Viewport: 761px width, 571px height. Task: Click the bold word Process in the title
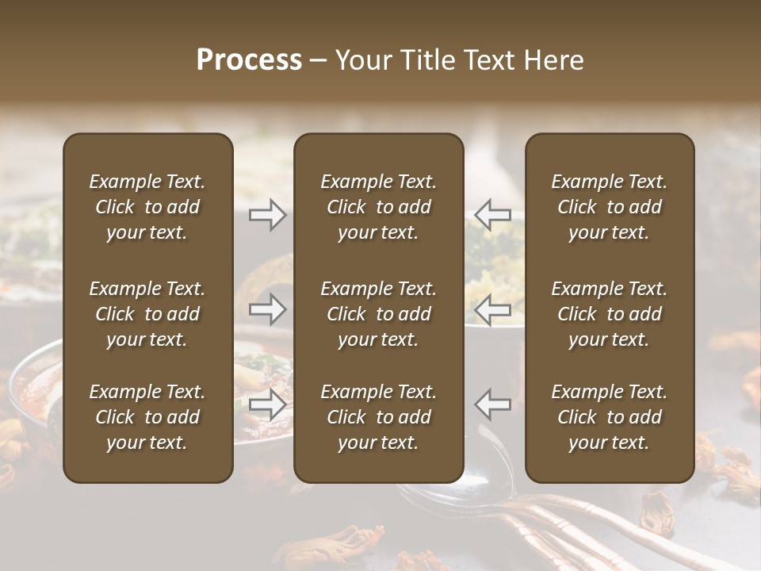(x=249, y=60)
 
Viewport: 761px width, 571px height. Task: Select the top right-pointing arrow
(x=267, y=215)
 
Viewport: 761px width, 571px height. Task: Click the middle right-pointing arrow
(x=267, y=310)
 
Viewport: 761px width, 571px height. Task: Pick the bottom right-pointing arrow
(x=267, y=404)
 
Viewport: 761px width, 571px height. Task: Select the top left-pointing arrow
(x=493, y=215)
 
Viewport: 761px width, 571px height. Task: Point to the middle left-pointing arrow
(x=493, y=310)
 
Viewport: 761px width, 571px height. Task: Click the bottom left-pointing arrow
(x=493, y=404)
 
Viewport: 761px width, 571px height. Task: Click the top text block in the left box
(x=147, y=207)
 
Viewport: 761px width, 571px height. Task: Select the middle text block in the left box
(x=147, y=314)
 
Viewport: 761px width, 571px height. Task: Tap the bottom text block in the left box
(x=147, y=417)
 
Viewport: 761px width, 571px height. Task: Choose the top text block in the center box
(x=378, y=207)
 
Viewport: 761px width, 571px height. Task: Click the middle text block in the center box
(x=378, y=314)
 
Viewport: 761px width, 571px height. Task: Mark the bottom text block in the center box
(x=378, y=417)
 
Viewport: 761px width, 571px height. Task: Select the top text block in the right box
(x=609, y=207)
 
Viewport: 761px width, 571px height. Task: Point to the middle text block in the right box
(x=609, y=314)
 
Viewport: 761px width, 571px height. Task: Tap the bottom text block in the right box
(x=609, y=417)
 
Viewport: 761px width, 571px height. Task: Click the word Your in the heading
(x=363, y=60)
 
